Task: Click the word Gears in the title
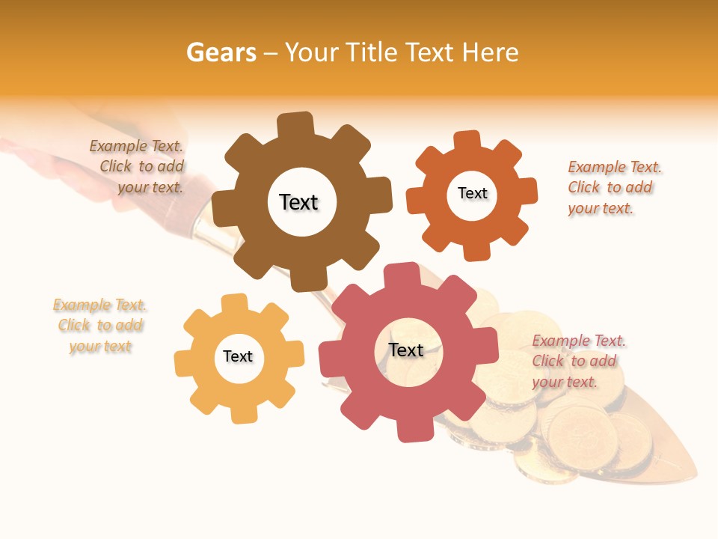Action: click(x=221, y=52)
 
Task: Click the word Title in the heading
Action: click(x=375, y=52)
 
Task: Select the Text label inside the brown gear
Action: click(x=298, y=202)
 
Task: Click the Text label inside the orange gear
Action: click(x=472, y=193)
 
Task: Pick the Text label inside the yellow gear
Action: click(x=238, y=356)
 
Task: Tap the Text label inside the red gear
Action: click(x=406, y=350)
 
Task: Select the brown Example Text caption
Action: click(x=139, y=167)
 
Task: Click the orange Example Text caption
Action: click(x=613, y=187)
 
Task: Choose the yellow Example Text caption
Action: click(x=100, y=326)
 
